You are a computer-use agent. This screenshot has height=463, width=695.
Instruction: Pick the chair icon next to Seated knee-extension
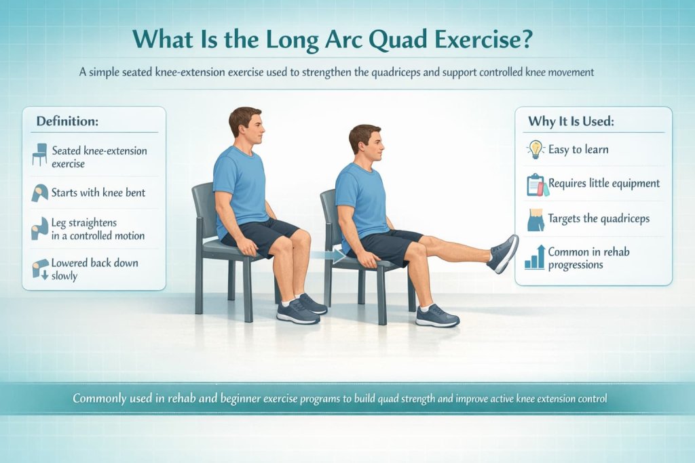click(40, 155)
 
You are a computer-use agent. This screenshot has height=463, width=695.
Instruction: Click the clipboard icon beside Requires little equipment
click(536, 184)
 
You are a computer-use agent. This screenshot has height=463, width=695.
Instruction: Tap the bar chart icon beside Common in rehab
click(535, 258)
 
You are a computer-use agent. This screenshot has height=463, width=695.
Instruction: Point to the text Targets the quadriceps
click(599, 218)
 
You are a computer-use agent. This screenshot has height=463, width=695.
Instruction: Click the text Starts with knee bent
click(98, 193)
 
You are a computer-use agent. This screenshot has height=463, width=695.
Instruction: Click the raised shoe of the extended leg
click(503, 254)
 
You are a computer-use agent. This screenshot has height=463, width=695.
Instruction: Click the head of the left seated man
click(244, 125)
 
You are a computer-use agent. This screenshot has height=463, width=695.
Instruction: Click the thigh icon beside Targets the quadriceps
click(536, 220)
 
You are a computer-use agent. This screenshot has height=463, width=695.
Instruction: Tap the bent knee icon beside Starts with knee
click(39, 193)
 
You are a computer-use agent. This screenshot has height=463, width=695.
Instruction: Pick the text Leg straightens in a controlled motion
click(98, 229)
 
